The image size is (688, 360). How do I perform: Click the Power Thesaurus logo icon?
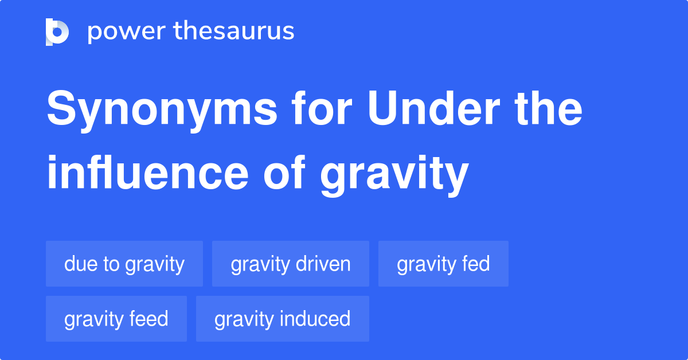tap(57, 32)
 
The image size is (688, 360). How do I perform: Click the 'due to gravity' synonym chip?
tap(124, 264)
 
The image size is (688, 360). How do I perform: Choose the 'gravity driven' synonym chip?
tap(291, 264)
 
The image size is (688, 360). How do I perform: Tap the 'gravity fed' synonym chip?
tap(443, 264)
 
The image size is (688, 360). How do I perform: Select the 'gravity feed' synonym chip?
tap(116, 319)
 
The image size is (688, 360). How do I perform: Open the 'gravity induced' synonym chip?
tap(283, 319)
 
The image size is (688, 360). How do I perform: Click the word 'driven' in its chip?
tap(323, 264)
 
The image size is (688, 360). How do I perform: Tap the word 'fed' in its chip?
tap(476, 264)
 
